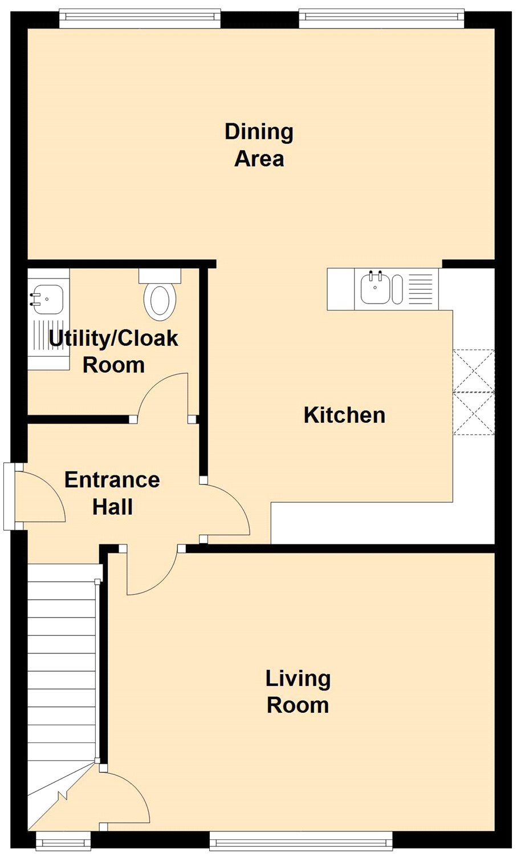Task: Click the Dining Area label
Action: coord(259,145)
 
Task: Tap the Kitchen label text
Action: coord(344,415)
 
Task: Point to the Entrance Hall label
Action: coord(112,494)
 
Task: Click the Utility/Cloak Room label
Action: coord(113,352)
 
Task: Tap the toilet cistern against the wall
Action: coord(160,275)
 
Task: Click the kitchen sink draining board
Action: coord(421,289)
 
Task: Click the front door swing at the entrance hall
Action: coord(40,497)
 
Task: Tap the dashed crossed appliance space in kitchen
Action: coord(474,392)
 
